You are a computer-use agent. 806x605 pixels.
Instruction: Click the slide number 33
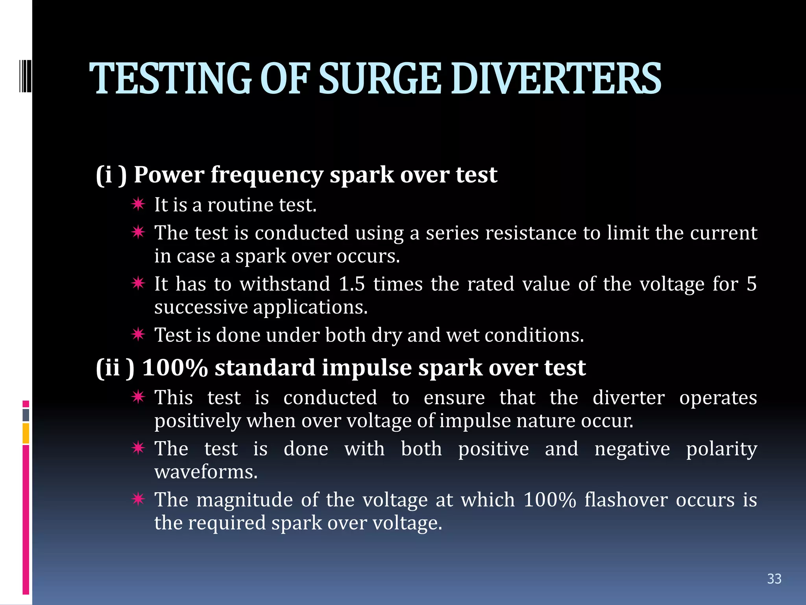(x=774, y=579)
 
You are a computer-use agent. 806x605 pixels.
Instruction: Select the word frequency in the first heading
(x=267, y=175)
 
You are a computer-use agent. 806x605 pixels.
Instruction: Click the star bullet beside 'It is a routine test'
(x=139, y=204)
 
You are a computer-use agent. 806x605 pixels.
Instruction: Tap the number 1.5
(x=351, y=284)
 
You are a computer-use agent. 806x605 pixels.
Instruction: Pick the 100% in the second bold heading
(x=175, y=368)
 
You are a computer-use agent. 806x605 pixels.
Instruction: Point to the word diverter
(x=629, y=398)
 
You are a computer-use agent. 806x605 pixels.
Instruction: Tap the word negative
(x=632, y=449)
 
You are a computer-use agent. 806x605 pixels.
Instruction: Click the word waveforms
(x=206, y=472)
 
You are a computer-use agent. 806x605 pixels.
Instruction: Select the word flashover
(x=626, y=500)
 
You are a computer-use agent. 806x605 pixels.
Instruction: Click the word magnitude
(x=244, y=500)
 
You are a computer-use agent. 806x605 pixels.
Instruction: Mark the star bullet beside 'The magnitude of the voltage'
(x=139, y=499)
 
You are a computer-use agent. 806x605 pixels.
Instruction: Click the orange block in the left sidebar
(x=26, y=433)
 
